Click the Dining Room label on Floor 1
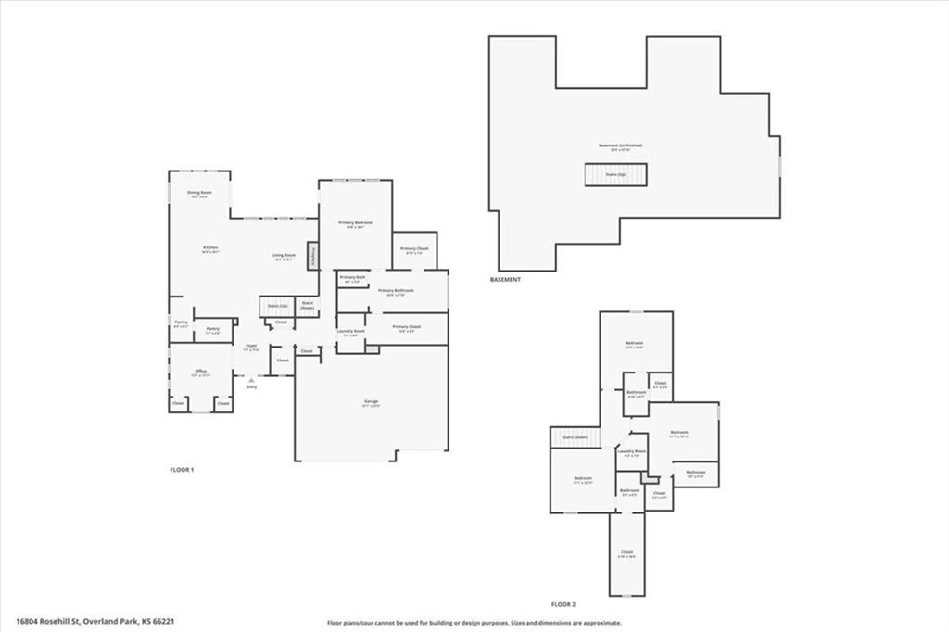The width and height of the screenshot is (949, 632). [x=199, y=194]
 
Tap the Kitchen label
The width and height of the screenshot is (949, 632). [x=210, y=249]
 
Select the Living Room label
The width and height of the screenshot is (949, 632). [x=284, y=257]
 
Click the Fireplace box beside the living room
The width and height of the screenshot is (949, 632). [x=313, y=256]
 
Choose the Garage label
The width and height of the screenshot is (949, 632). [x=371, y=403]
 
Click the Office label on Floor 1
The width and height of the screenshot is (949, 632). [x=200, y=373]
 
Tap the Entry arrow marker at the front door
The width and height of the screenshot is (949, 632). [x=251, y=379]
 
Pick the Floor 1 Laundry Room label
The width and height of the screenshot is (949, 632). [x=350, y=333]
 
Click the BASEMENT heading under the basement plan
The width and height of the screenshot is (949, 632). [x=505, y=279]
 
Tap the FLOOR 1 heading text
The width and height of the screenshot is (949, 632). [x=182, y=470]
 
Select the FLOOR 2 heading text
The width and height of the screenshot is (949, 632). [x=563, y=603]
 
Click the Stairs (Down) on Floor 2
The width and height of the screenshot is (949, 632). [x=576, y=437]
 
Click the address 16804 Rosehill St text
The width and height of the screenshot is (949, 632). [x=95, y=622]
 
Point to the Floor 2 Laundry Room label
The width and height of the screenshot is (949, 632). [x=632, y=453]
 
